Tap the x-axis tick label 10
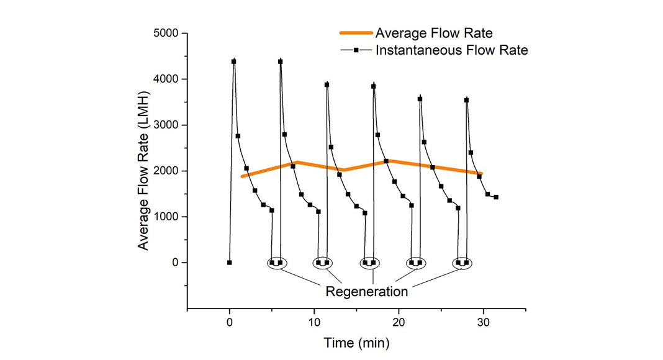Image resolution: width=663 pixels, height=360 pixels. (314, 323)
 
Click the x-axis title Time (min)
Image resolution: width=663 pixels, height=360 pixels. (356, 342)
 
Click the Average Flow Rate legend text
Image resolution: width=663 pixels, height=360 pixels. (435, 33)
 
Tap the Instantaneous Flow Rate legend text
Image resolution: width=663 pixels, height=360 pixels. (451, 50)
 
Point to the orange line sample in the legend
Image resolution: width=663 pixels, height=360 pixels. (355, 33)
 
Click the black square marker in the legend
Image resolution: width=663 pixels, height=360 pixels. (356, 50)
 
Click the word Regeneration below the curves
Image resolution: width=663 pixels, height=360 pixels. (367, 291)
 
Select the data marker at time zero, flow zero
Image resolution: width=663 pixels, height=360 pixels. (230, 263)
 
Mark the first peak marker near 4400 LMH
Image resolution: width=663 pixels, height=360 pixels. (233, 61)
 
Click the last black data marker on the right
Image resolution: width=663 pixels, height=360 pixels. (496, 197)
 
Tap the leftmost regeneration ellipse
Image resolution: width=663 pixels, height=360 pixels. (276, 263)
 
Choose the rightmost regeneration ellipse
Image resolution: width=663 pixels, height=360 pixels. (462, 263)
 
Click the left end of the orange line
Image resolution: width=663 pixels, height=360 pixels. (241, 176)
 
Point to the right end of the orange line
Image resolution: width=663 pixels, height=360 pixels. (481, 174)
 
